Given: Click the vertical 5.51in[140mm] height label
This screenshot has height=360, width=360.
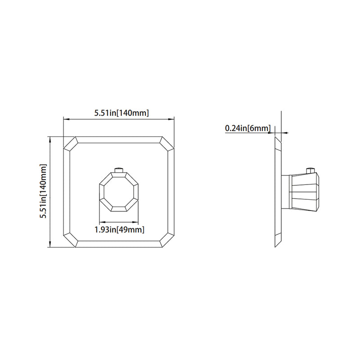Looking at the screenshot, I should [x=44, y=191].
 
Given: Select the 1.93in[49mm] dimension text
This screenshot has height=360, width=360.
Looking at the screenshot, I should [x=119, y=229].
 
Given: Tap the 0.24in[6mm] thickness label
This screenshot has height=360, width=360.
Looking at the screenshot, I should [x=247, y=129].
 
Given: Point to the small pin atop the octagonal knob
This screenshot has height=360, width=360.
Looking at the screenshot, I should [x=119, y=170].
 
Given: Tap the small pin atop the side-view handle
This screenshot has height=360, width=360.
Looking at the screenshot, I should [x=310, y=170].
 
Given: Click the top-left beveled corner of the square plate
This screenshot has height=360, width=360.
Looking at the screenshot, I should [x=71, y=144].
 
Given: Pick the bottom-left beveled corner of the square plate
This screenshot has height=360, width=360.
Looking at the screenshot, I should [x=71, y=240].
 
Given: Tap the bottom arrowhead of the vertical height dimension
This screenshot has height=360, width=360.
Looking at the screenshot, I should [x=49, y=244].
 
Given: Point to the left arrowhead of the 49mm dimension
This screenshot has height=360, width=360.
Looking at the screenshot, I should [x=100, y=222].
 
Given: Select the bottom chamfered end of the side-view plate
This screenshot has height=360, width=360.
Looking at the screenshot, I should [x=278, y=241].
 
